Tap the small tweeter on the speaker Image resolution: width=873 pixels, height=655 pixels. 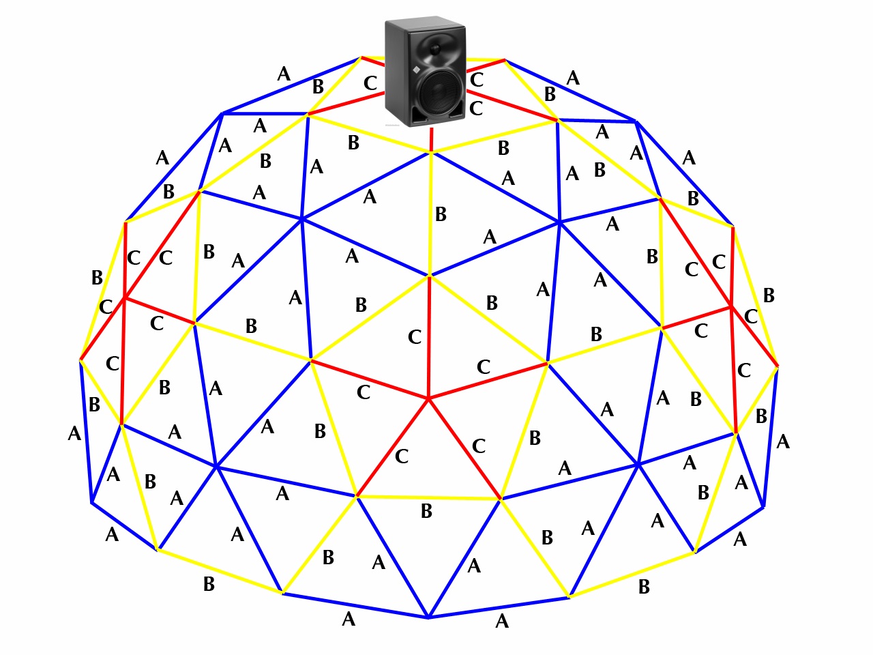434,49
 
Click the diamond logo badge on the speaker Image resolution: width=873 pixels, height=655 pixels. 416,70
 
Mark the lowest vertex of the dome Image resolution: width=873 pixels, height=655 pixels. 428,617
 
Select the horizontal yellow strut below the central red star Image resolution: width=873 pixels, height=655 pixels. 429,497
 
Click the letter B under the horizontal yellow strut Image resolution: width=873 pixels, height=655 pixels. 426,511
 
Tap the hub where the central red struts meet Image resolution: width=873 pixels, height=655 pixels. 428,398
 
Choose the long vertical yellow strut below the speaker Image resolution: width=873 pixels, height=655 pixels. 430,213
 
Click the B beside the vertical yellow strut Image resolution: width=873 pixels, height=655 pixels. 441,214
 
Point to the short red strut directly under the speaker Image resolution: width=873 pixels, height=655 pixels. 431,139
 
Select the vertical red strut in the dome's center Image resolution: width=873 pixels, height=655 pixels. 429,336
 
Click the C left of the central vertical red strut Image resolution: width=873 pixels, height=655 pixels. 415,337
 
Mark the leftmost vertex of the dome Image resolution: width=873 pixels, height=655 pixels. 80,360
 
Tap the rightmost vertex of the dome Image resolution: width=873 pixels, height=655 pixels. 777,366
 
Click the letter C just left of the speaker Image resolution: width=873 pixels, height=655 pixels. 370,83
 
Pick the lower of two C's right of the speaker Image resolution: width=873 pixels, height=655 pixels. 476,108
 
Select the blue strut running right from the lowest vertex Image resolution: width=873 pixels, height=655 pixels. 499,607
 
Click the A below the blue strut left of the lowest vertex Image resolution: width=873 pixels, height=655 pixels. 349,620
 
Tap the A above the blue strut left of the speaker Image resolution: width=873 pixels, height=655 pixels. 284,74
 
